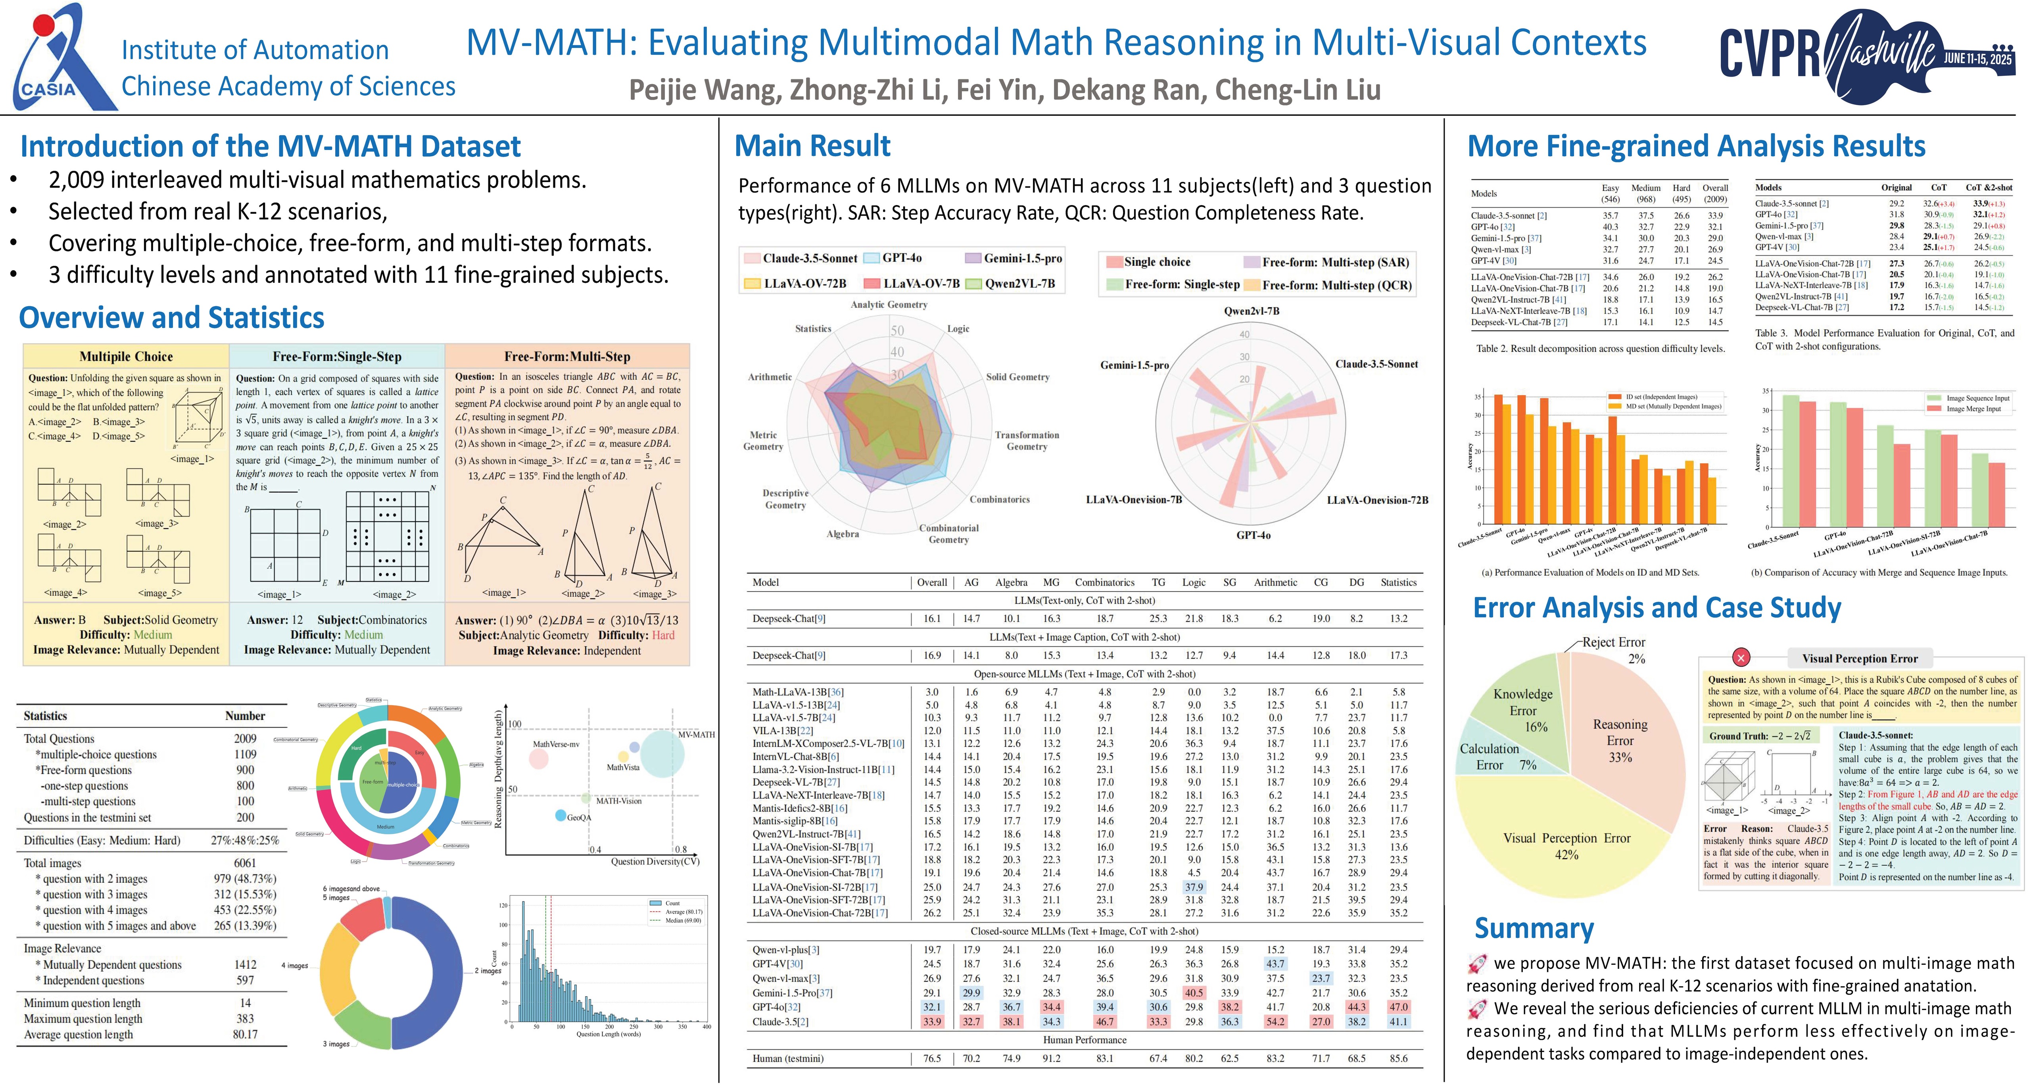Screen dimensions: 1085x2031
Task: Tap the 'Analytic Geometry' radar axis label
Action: [x=889, y=304]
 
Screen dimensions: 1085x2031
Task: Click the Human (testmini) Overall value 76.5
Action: [x=932, y=1058]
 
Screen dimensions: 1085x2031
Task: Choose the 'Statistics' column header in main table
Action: [x=1398, y=583]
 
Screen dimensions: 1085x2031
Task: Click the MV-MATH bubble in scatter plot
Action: [x=662, y=753]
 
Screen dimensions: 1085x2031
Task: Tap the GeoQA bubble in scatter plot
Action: [x=561, y=814]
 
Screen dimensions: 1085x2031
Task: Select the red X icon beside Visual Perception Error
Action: [x=1741, y=658]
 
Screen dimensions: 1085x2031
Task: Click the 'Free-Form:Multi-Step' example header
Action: [x=567, y=356]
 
